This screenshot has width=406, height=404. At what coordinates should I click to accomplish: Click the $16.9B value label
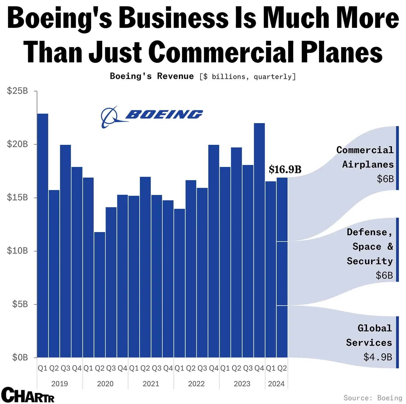285,169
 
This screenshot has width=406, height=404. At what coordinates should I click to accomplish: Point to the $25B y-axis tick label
17,91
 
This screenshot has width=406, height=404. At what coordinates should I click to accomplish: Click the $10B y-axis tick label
17,251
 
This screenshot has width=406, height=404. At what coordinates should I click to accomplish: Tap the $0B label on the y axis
20,357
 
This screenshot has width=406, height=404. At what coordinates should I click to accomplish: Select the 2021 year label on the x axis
151,384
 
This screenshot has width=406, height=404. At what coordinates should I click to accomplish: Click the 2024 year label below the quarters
276,384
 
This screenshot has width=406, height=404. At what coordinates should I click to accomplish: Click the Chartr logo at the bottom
28,395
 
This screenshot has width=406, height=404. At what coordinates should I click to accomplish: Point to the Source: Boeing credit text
373,398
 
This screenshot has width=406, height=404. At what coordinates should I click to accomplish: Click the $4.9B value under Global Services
378,357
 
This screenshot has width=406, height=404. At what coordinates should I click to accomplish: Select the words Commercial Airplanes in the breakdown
365,157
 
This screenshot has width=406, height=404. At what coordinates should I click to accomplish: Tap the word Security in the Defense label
370,261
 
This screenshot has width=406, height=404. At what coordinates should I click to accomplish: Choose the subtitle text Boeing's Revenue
152,76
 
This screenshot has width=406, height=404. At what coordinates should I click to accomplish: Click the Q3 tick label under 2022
202,368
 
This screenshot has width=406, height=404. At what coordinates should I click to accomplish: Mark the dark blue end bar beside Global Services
397,342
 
